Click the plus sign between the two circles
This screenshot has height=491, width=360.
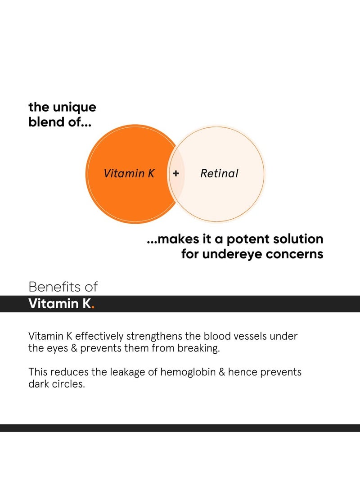coord(176,173)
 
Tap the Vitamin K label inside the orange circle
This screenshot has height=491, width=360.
coord(129,173)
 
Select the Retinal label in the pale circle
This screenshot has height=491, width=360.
coord(219,173)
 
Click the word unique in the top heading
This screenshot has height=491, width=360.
coord(73,108)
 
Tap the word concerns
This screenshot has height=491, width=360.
coord(295,254)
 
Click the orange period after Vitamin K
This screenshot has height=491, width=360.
coord(93,307)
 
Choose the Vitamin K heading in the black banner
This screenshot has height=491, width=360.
coord(59,304)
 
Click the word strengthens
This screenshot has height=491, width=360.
coord(153,336)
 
